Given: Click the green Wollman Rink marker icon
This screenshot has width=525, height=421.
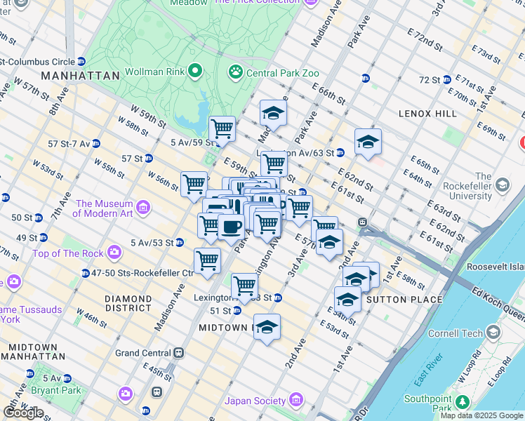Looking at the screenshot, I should [195, 72].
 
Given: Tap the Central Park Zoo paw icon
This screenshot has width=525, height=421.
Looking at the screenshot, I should [235, 72].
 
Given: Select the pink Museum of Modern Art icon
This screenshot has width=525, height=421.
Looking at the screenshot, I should [143, 208].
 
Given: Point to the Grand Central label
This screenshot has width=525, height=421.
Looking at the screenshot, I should [142, 353].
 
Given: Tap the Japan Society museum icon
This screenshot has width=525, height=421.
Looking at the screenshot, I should [295, 401].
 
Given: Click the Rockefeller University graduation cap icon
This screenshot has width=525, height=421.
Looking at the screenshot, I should [502, 185].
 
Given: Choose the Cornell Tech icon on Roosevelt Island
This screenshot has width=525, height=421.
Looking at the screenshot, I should [493, 332].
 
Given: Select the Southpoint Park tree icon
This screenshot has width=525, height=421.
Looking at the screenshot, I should [462, 401].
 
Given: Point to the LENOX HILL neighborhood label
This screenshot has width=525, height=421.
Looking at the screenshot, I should [427, 114].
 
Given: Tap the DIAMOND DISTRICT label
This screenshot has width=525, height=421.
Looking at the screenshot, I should [128, 303].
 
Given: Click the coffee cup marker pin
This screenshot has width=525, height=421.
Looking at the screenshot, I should [230, 227].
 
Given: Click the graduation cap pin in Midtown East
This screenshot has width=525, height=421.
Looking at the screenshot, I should [267, 327].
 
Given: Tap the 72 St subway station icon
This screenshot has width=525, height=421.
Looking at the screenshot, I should [447, 80].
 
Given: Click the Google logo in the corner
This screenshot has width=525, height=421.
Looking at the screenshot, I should [23, 412].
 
